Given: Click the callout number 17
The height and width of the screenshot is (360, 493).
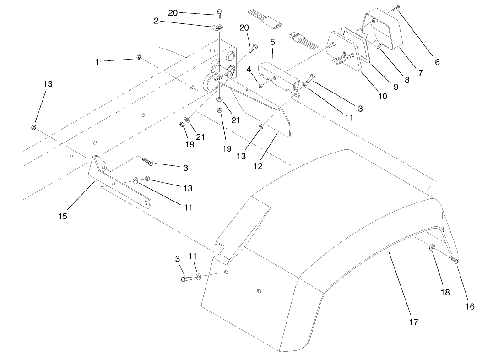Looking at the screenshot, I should pos(413,322).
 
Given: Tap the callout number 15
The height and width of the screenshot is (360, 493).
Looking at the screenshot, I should pos(63,216).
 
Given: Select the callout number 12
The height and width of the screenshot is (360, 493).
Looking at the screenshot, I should pos(258,166).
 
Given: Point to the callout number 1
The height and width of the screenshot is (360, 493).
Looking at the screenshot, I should pos(97,62).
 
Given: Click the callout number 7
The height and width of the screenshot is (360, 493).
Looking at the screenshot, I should pos(419,72).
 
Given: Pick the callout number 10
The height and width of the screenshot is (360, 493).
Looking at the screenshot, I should pos(382,96).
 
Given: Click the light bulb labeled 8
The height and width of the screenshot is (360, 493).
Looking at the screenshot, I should pos(373,39).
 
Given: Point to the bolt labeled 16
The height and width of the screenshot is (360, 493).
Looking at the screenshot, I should pos(454,260).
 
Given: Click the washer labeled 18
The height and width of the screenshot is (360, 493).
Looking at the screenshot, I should pos(433,247).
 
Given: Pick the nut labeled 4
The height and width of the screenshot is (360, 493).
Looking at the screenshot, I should pos(260,85).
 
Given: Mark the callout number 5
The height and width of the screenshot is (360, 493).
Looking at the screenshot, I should pos(272,42).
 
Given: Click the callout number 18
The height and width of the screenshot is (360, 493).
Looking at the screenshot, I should pos(445,292).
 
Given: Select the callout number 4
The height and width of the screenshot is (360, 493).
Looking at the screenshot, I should pos(249,69).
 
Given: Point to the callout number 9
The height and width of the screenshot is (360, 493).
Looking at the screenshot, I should pos(396,86).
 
